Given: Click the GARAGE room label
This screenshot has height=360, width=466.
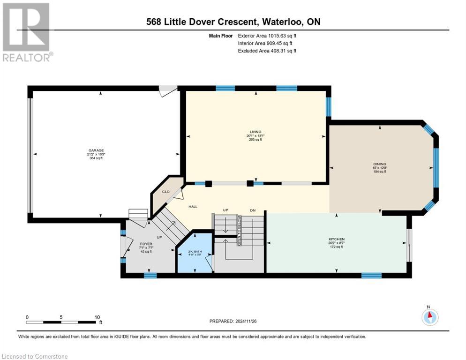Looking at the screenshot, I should pos(96,150).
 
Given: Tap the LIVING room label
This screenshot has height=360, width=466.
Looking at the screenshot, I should pos(256,132).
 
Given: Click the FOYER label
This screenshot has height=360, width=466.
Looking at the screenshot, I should pos(146,244).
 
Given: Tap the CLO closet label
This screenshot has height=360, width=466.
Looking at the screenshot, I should pos(165,191).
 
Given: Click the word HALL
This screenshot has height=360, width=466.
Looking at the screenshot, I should pos(193,206).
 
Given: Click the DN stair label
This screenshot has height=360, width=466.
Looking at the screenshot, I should pos(253,210).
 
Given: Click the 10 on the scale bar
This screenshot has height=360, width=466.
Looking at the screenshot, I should pos(97,317).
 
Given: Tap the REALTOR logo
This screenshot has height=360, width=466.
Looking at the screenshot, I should pos(26,32).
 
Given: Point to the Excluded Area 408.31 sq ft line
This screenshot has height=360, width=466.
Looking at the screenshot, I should pos(267,51).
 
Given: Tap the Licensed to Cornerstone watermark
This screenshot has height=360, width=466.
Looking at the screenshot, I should pos(35,357).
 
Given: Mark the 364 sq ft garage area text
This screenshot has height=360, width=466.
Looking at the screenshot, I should pos(96,158).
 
